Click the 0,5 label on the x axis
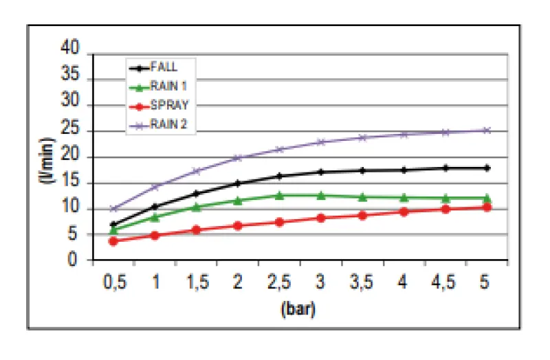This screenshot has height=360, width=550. pyautogui.click(x=113, y=283)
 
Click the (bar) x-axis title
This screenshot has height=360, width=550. pyautogui.click(x=298, y=310)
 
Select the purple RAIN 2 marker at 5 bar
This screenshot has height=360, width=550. pyautogui.click(x=487, y=130)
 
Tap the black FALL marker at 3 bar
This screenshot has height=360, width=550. pyautogui.click(x=321, y=172)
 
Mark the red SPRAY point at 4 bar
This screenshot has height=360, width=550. pyautogui.click(x=404, y=212)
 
